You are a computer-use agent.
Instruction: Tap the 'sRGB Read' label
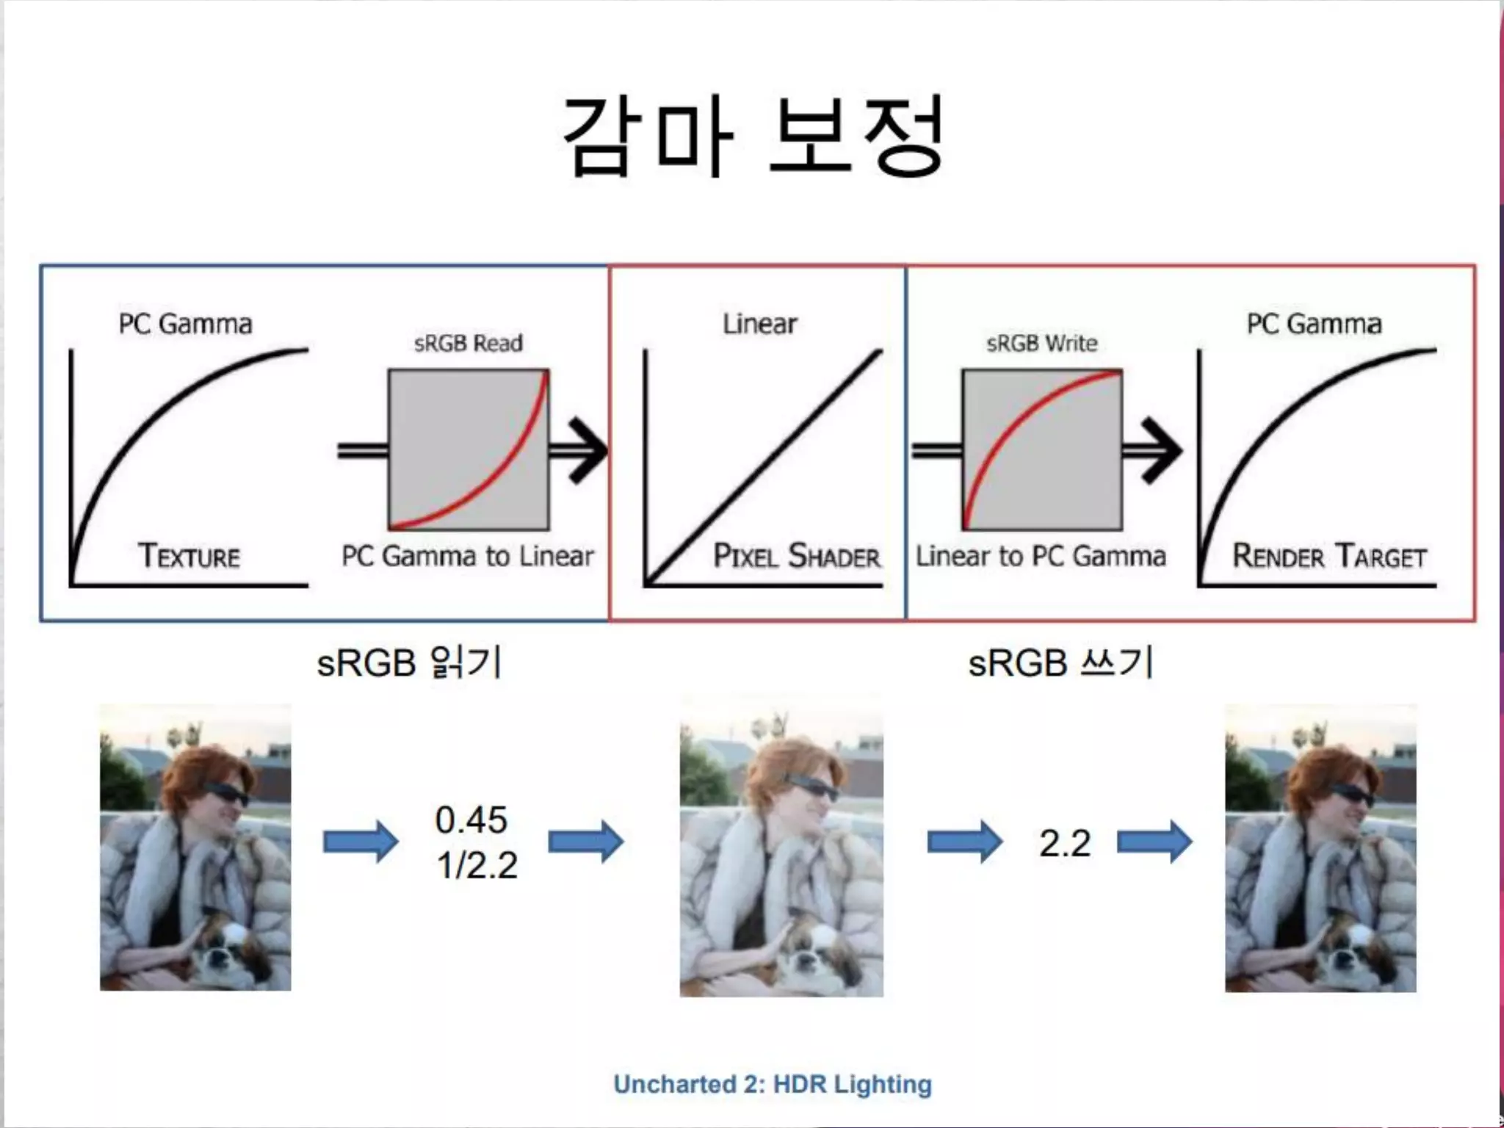[x=468, y=343]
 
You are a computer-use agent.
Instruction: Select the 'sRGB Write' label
[x=1041, y=343]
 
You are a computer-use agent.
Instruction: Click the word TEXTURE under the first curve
[x=189, y=556]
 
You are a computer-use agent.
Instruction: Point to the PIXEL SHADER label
[x=797, y=556]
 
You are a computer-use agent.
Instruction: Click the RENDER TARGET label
[x=1329, y=556]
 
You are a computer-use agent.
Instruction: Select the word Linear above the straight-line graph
[x=759, y=324]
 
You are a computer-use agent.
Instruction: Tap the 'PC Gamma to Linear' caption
[x=468, y=556]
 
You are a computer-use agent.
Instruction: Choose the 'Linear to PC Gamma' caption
[x=1041, y=556]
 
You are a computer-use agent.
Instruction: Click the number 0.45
[x=471, y=820]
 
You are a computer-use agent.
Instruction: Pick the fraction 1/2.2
[x=477, y=865]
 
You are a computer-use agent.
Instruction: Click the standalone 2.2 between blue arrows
[x=1064, y=843]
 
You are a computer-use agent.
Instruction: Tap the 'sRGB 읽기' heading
[x=409, y=662]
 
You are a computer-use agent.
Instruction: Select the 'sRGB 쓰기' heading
[x=1060, y=662]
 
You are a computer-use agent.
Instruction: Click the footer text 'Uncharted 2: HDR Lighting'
[x=773, y=1084]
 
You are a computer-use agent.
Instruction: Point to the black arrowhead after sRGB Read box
[x=587, y=450]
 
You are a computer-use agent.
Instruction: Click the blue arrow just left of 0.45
[x=361, y=842]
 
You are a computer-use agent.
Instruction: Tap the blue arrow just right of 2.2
[x=1154, y=842]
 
